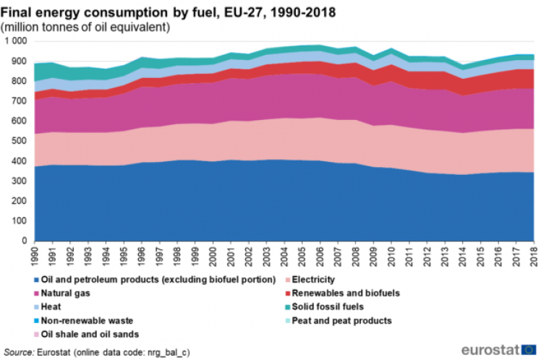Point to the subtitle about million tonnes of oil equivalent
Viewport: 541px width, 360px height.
[86, 27]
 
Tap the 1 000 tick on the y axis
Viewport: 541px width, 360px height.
[15, 42]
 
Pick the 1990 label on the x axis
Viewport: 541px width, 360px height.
[35, 254]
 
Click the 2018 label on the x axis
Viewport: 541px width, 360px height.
[533, 254]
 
